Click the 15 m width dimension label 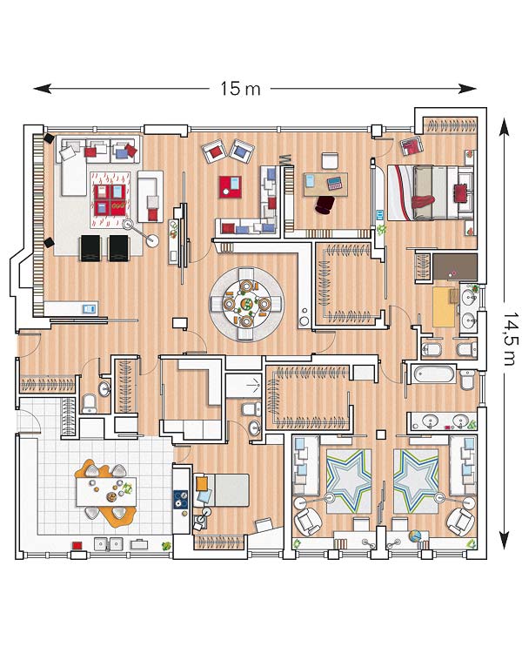(x=240, y=88)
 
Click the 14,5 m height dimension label (x=511, y=340)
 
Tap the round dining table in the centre (x=246, y=304)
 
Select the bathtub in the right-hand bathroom (x=432, y=374)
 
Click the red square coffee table (x=231, y=187)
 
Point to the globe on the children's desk (x=415, y=535)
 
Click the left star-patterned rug (x=348, y=481)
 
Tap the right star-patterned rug (x=416, y=481)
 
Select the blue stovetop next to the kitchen (x=181, y=500)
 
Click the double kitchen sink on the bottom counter (x=108, y=544)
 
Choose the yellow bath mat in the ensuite (x=444, y=307)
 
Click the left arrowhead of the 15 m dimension (x=42, y=88)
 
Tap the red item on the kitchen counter (x=77, y=545)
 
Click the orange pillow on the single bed (x=202, y=483)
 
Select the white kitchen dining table (x=106, y=491)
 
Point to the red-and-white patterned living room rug (x=110, y=200)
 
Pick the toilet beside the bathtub (x=467, y=379)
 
